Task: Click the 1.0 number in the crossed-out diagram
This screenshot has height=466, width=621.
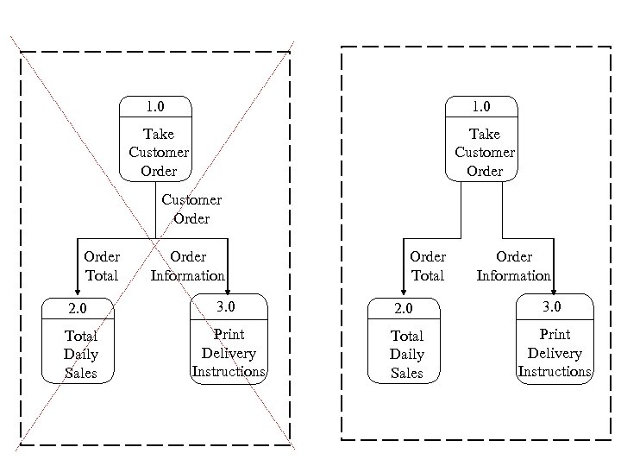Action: [155, 107]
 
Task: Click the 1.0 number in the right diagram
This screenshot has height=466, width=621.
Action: [481, 107]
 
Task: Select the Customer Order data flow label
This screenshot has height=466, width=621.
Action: [191, 209]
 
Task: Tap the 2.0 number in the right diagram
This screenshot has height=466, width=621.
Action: [403, 308]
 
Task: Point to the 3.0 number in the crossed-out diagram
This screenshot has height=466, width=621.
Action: [226, 306]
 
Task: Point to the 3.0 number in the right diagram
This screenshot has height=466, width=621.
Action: [552, 306]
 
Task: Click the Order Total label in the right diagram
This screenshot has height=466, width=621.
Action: [428, 266]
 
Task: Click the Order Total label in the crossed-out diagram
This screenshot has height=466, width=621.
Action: [102, 266]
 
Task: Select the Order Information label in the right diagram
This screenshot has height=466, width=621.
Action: [513, 266]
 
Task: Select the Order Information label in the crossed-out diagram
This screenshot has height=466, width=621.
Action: [187, 266]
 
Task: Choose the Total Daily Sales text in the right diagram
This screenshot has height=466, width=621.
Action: [407, 354]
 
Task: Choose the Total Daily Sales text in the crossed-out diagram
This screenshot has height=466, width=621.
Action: [81, 354]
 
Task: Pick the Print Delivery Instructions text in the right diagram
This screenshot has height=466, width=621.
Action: [555, 353]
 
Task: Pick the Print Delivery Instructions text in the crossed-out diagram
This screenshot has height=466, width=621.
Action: [229, 353]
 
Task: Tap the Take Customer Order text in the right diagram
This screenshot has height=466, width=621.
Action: [484, 152]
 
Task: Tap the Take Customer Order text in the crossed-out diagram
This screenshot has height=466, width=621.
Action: [158, 152]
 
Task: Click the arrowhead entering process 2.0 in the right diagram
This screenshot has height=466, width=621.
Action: [403, 291]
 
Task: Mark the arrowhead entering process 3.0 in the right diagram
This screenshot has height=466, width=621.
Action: [554, 288]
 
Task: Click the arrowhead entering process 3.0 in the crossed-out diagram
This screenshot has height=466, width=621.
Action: [228, 288]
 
